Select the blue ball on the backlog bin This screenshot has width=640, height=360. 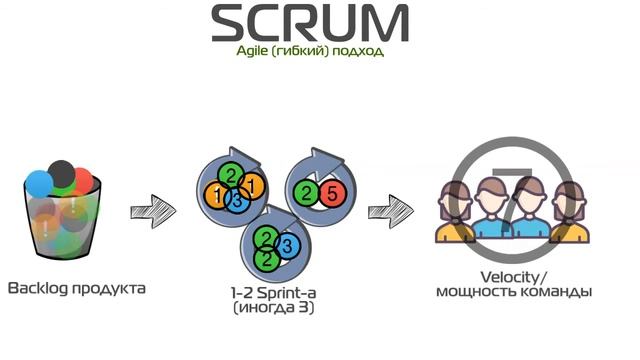coord(39,182)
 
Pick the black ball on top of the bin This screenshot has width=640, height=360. coord(62,171)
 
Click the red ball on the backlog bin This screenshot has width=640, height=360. coord(83,182)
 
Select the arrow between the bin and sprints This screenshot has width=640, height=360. coord(152,211)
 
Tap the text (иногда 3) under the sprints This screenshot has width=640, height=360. coord(271,307)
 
